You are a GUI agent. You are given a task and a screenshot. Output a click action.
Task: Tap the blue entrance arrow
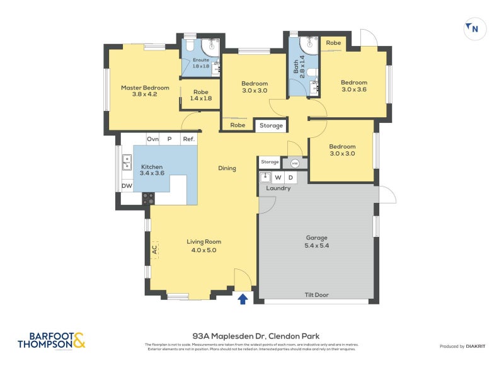[243, 299]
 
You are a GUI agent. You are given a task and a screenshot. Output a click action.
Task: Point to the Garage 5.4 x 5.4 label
[317, 241]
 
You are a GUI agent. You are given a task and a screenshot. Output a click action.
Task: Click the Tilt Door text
[317, 295]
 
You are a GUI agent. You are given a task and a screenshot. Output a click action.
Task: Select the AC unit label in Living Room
[154, 250]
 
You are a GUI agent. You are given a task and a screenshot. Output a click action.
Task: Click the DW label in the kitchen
[127, 186]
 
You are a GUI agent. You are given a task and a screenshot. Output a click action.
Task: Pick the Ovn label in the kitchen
[152, 139]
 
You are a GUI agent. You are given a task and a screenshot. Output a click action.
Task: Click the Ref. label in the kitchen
[188, 139]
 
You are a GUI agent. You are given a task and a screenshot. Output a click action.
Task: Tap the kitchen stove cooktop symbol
[148, 198]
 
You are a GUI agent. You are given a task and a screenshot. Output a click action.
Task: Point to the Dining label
[227, 168]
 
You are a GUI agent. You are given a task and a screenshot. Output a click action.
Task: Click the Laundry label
[278, 188]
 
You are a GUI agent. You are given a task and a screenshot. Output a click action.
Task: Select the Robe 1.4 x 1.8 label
[201, 95]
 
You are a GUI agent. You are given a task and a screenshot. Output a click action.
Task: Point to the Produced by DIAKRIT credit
[465, 347]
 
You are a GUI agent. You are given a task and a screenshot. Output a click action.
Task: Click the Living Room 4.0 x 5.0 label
[203, 246]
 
